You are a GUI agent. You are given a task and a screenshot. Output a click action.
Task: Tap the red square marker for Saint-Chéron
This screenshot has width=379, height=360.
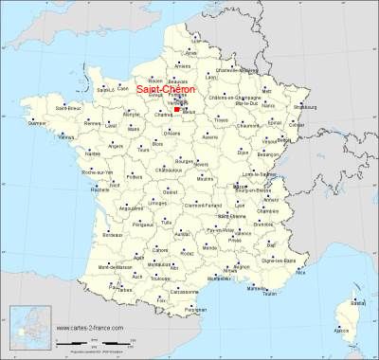coord(177,109)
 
